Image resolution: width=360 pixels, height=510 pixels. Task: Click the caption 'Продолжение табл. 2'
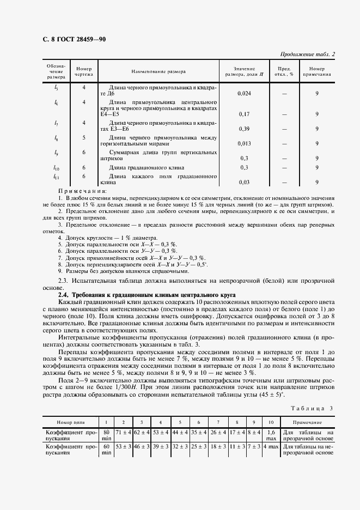(x=308, y=54)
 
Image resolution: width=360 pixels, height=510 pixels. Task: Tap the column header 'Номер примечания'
(x=316, y=71)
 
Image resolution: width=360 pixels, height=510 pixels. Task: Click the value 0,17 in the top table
(x=245, y=114)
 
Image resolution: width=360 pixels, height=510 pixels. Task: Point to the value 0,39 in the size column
(x=245, y=129)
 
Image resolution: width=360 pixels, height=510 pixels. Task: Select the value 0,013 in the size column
(x=245, y=143)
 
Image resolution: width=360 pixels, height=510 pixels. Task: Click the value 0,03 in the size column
(x=245, y=182)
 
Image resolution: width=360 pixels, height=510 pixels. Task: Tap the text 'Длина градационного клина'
(x=147, y=167)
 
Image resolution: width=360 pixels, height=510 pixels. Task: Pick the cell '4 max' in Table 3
(x=271, y=448)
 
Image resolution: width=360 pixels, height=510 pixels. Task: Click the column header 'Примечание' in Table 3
(x=307, y=422)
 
